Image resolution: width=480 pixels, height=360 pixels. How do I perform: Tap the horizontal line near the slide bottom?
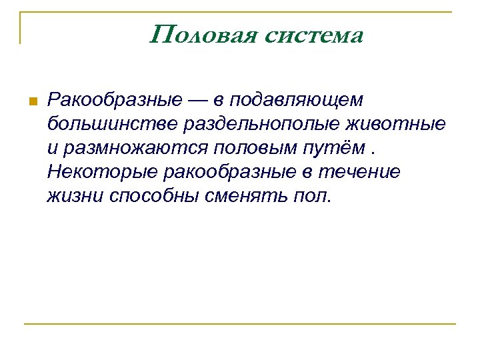click(240, 325)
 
